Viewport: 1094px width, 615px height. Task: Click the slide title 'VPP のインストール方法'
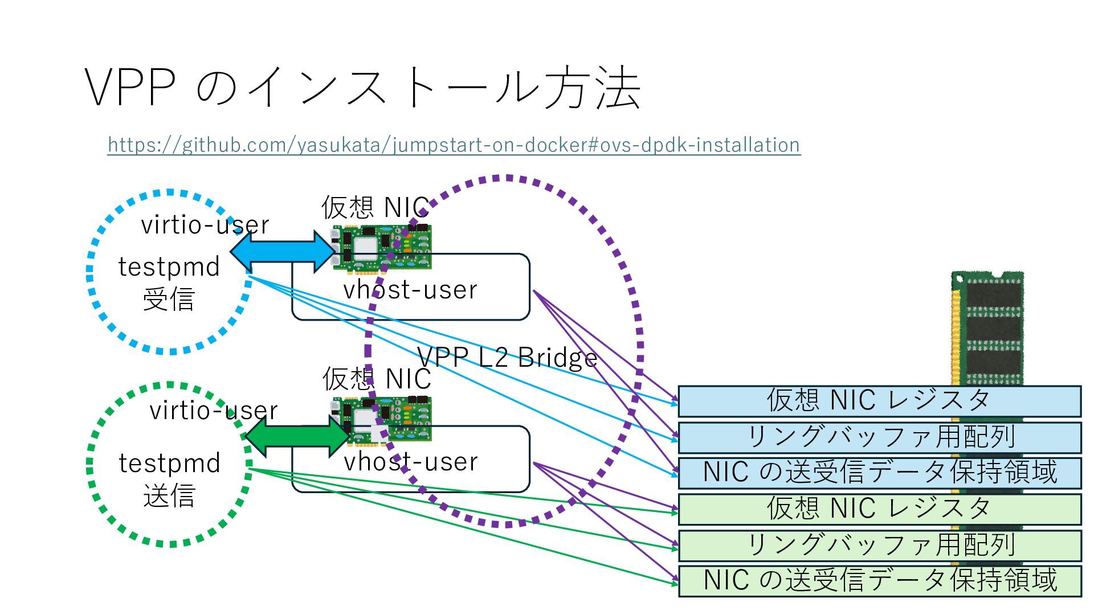pyautogui.click(x=363, y=88)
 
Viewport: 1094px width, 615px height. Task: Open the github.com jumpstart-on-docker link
pyautogui.click(x=454, y=145)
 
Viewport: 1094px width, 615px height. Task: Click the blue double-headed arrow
pyautogui.click(x=283, y=251)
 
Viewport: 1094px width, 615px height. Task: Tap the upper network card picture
pyautogui.click(x=382, y=247)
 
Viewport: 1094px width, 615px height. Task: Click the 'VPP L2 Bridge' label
pyautogui.click(x=507, y=358)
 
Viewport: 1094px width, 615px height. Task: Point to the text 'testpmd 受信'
pyautogui.click(x=169, y=282)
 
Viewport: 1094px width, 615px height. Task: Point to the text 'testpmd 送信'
pyautogui.click(x=169, y=479)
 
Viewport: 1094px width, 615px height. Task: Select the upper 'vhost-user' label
pyautogui.click(x=410, y=290)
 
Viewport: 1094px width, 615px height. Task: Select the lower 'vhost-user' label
pyautogui.click(x=410, y=462)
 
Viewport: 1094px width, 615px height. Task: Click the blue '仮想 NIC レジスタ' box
pyautogui.click(x=879, y=401)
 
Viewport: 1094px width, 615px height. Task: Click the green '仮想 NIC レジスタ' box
pyautogui.click(x=879, y=509)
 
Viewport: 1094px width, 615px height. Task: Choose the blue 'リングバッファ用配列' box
pyautogui.click(x=879, y=437)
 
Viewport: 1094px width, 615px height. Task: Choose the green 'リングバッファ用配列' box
pyautogui.click(x=879, y=546)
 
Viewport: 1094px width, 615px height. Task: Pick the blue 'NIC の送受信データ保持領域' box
pyautogui.click(x=879, y=473)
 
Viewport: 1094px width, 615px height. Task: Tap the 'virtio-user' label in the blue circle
pyautogui.click(x=205, y=225)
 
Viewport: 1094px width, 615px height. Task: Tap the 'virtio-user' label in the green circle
pyautogui.click(x=213, y=411)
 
